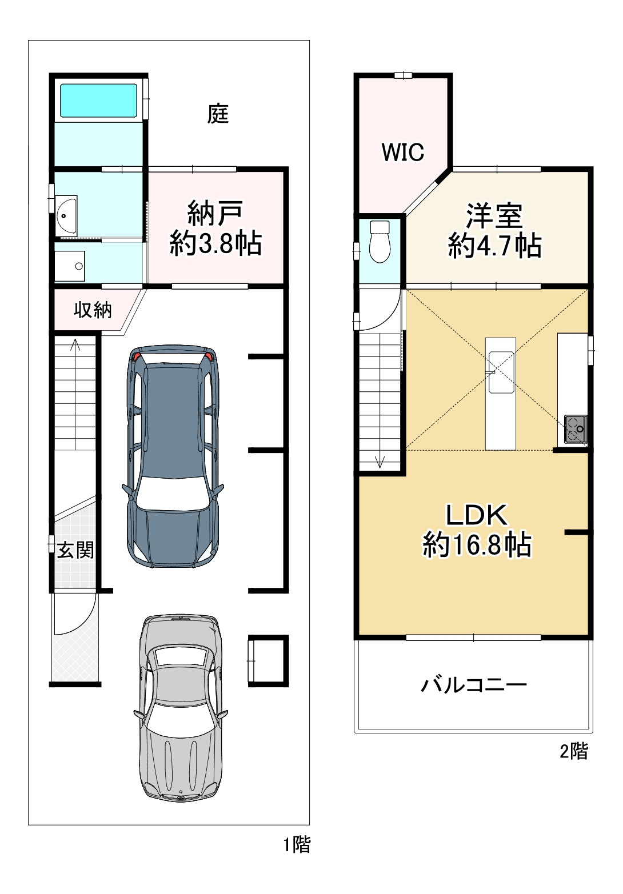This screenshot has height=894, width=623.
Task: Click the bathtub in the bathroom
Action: pyautogui.click(x=98, y=100)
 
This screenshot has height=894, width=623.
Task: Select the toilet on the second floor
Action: pyautogui.click(x=380, y=242)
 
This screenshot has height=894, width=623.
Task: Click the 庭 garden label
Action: pyautogui.click(x=218, y=114)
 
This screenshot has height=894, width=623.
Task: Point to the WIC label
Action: pyautogui.click(x=402, y=152)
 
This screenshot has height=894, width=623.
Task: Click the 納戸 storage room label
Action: pyautogui.click(x=215, y=214)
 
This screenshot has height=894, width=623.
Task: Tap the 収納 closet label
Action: pyautogui.click(x=93, y=310)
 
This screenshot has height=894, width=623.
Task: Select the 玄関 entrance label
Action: pyautogui.click(x=75, y=550)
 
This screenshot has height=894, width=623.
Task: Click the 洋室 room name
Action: pyautogui.click(x=494, y=216)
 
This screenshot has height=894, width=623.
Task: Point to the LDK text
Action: pyautogui.click(x=477, y=515)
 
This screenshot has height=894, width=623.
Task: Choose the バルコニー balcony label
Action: pyautogui.click(x=474, y=685)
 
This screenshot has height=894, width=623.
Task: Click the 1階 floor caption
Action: pyautogui.click(x=297, y=845)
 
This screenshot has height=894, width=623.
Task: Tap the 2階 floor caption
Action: pyautogui.click(x=574, y=752)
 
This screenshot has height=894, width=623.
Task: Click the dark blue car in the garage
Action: pyautogui.click(x=173, y=456)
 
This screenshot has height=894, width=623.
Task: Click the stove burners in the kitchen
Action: pyautogui.click(x=576, y=429)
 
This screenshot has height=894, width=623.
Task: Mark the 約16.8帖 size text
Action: pyautogui.click(x=477, y=544)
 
